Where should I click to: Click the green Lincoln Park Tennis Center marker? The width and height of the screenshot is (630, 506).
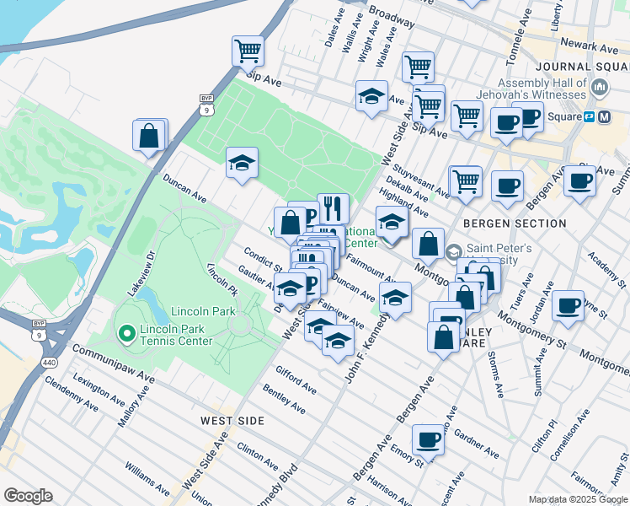coord(127,335)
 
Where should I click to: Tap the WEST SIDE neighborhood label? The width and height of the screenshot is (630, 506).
coord(232,420)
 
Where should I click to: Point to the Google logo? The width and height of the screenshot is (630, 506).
coord(28,496)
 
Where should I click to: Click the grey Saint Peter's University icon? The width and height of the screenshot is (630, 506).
coord(453,251)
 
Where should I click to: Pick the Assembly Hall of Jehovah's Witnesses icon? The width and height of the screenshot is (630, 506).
coord(600,87)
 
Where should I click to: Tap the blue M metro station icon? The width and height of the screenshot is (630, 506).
coord(603,117)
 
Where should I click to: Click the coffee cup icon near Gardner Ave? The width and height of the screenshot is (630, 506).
coord(428,439)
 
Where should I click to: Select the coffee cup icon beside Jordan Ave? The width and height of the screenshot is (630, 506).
coord(569,304)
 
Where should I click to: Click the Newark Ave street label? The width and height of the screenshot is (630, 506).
coord(591,48)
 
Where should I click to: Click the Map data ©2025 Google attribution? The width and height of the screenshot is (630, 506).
coord(578,499)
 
